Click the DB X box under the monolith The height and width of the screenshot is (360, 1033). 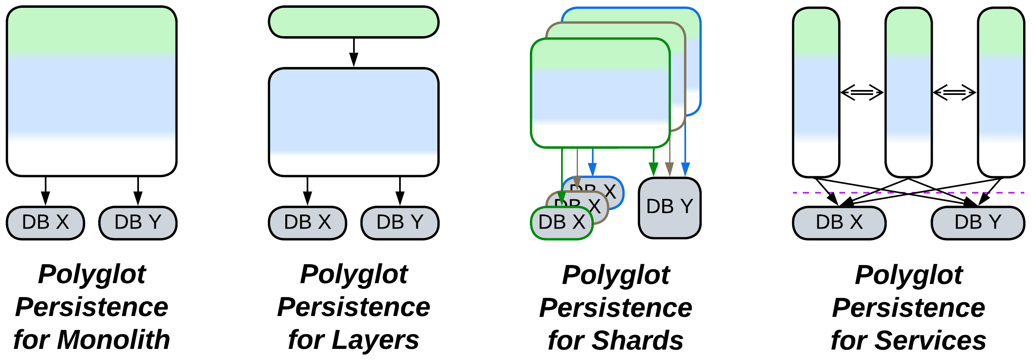(x=45, y=223)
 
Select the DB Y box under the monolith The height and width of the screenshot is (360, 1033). (x=138, y=223)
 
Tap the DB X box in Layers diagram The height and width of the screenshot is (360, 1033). (x=307, y=223)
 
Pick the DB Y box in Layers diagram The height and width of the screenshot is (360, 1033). (x=400, y=223)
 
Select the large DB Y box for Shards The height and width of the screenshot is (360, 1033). (x=670, y=208)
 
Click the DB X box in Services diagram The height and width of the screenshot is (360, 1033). (x=839, y=223)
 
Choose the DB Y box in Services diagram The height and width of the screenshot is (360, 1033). (x=978, y=223)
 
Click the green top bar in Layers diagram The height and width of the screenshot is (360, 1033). (x=354, y=22)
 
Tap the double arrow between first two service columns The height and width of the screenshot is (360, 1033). (x=862, y=92)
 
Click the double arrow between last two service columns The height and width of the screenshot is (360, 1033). (x=954, y=92)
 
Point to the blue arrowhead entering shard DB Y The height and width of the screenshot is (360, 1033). (x=685, y=169)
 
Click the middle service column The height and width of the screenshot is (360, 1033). (x=908, y=92)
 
